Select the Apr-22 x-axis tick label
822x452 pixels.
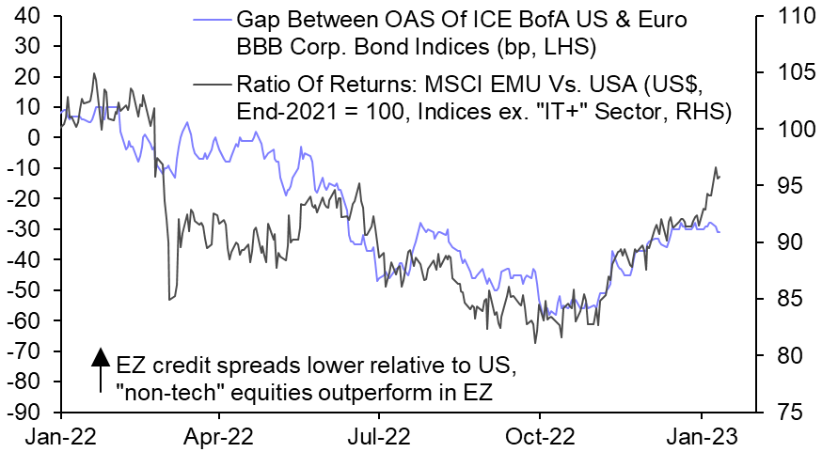[x=219, y=437]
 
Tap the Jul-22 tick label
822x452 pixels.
[x=378, y=437]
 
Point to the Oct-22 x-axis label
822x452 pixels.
[x=539, y=437]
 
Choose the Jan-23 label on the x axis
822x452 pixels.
[x=700, y=437]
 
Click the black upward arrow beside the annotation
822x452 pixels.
[x=99, y=368]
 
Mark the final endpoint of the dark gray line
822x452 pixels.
[x=719, y=177]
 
